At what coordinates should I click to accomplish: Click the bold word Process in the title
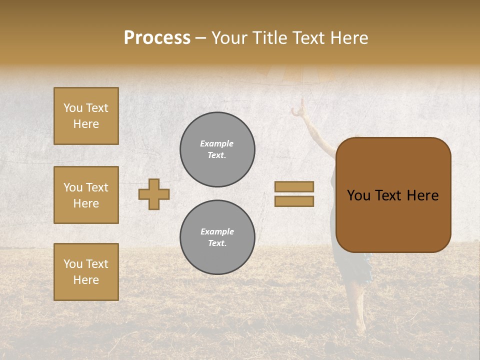coord(157,38)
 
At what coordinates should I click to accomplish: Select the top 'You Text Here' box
coord(86,116)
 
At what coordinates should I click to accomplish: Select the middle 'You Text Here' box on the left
coord(86,195)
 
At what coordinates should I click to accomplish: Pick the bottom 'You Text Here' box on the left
coord(86,272)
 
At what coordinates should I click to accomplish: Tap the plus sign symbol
coord(154,194)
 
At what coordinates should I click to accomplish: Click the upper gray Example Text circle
coord(217,149)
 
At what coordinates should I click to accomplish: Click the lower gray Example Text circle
coord(217,237)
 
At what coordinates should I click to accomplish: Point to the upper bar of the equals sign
coord(294,186)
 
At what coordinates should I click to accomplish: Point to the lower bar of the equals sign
coord(294,201)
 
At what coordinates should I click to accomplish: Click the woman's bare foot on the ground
coord(360,327)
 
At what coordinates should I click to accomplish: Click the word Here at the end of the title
coord(348,38)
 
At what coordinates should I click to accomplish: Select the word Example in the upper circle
coord(217,143)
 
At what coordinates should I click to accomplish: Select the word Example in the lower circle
coord(217,231)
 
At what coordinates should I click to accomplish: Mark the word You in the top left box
coord(73,108)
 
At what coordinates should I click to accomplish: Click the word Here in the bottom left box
coord(86,280)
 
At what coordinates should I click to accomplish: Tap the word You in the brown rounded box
coord(358,195)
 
